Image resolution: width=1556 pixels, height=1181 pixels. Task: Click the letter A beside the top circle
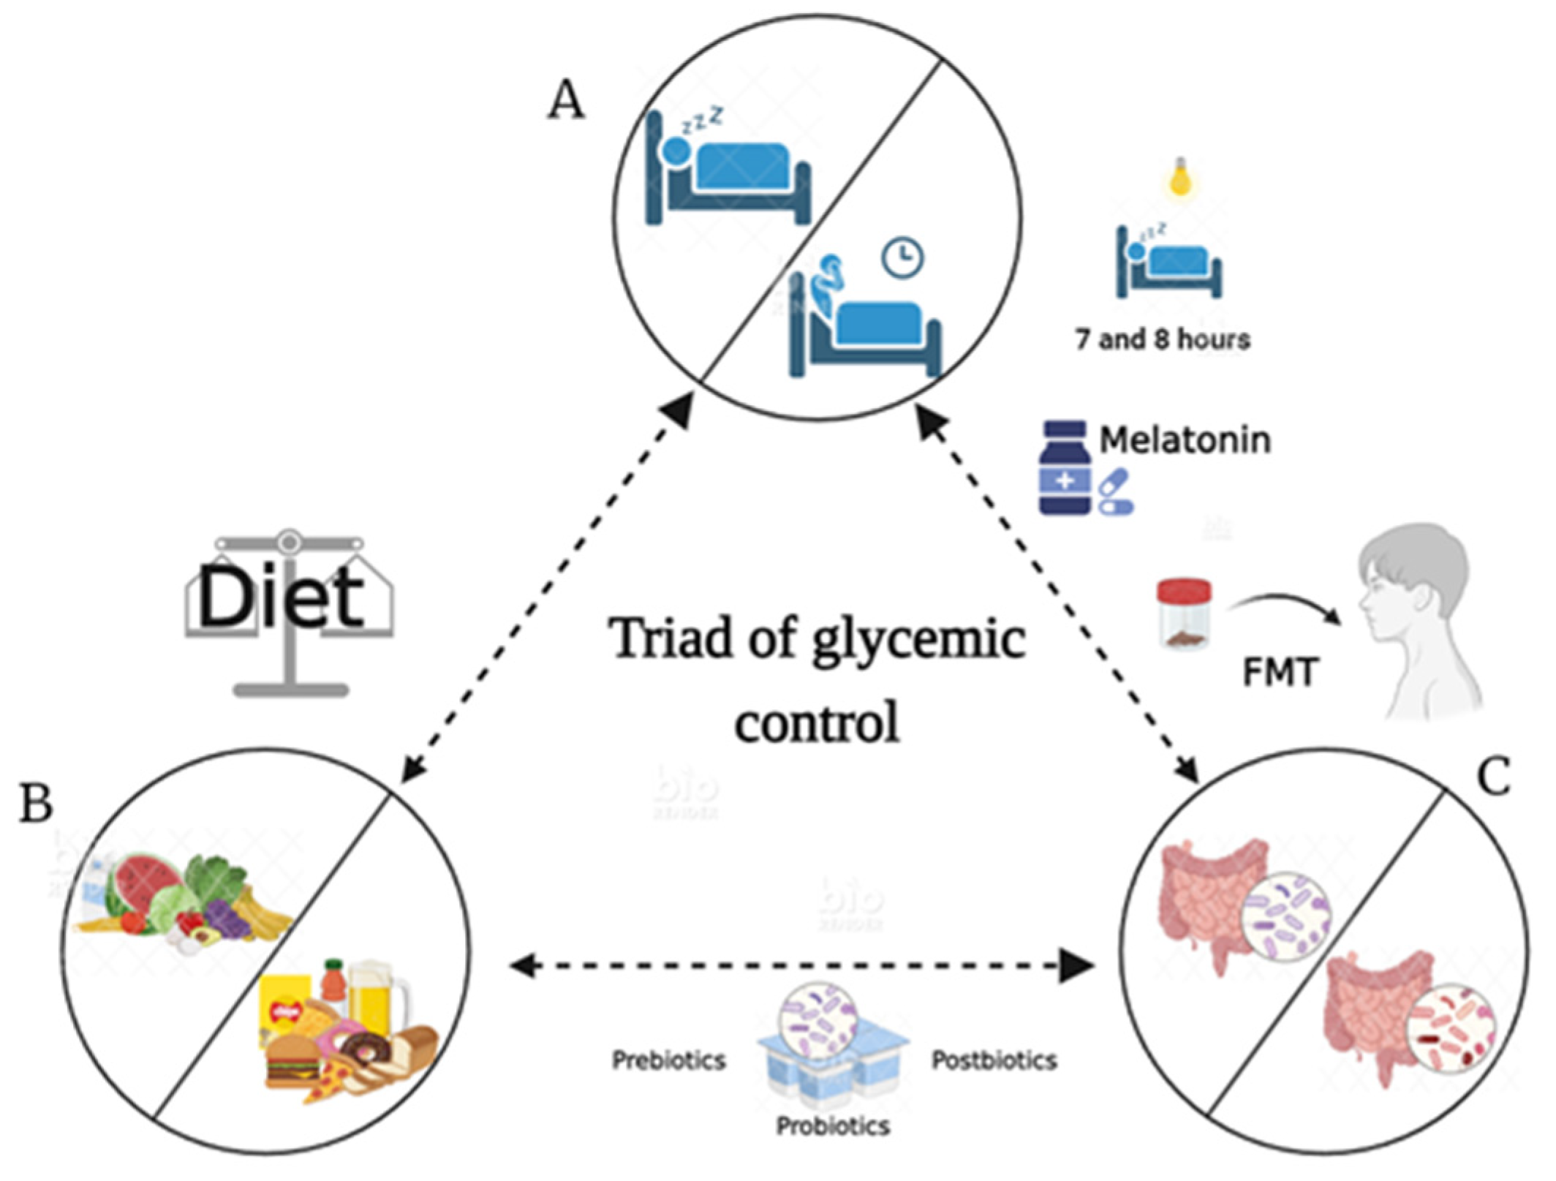click(x=567, y=100)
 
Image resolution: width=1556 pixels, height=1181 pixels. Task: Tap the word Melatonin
click(x=1185, y=440)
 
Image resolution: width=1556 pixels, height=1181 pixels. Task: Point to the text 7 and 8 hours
click(x=1163, y=339)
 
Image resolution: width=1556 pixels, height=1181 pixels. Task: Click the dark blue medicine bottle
click(x=1065, y=468)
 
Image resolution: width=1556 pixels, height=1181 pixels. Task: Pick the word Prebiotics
click(x=668, y=1060)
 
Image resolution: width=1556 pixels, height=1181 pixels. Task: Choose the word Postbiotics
click(x=994, y=1060)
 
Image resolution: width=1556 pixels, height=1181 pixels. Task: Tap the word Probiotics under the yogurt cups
click(x=833, y=1126)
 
